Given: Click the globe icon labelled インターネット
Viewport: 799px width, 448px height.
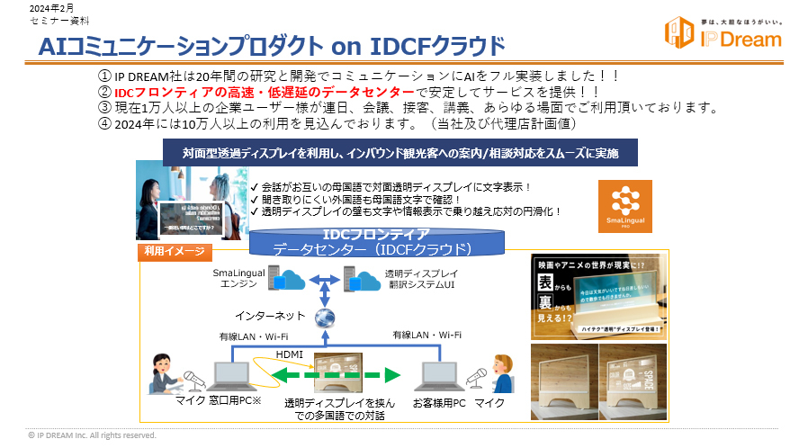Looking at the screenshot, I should pyautogui.click(x=324, y=318).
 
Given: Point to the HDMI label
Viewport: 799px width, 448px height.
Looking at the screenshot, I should pyautogui.click(x=289, y=354).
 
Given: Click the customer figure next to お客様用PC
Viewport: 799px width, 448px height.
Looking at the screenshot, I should pyautogui.click(x=503, y=372).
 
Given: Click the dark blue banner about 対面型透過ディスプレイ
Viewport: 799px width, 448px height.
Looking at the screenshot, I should pyautogui.click(x=400, y=151).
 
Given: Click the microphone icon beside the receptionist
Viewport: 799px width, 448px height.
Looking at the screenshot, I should pyautogui.click(x=191, y=378).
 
